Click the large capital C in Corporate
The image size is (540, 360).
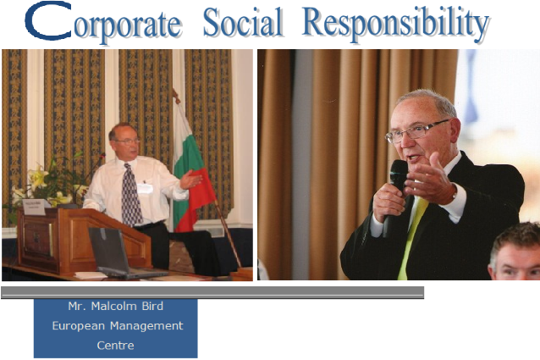coord(48,20)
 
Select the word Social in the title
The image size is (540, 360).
coord(243,22)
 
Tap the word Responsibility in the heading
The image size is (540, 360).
coord(396,24)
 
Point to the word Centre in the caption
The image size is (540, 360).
coord(115,346)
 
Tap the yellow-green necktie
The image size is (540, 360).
coord(411,238)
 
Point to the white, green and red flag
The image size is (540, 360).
coord(191,169)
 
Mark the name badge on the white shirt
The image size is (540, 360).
coord(145,188)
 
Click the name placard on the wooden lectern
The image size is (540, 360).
coord(36,207)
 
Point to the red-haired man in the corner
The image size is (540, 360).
coord(515,252)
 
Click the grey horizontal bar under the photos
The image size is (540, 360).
coord(212,292)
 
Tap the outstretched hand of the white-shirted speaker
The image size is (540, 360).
coord(190,180)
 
